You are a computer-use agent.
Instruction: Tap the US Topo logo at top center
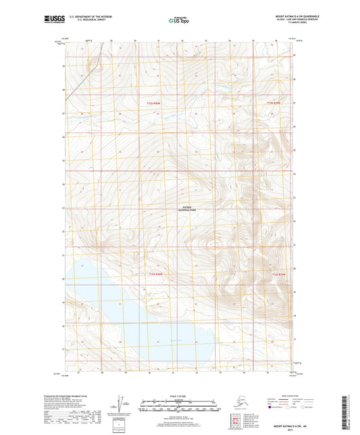179,21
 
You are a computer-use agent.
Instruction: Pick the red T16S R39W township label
279,274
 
